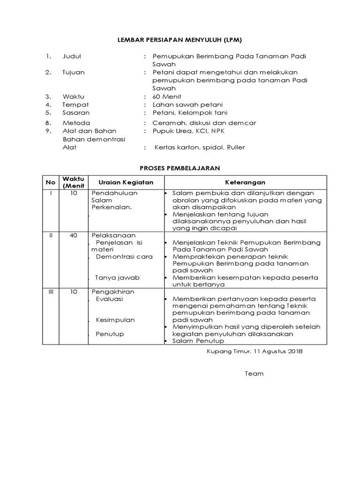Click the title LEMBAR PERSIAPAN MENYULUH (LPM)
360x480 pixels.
tap(180, 40)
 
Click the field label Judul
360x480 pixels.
tap(72, 56)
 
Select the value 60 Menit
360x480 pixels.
tap(167, 97)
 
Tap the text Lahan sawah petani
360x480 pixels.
tap(187, 105)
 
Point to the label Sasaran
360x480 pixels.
tap(76, 112)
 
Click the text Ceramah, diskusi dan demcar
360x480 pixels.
tap(204, 123)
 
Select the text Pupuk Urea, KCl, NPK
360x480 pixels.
tap(188, 131)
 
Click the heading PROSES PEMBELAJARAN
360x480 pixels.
tap(180, 167)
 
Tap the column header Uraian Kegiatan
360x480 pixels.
tap(125, 182)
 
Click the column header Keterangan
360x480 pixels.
tap(245, 182)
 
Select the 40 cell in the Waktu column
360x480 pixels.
tap(74, 235)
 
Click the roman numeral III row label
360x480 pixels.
tap(51, 292)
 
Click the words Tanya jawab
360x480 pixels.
tap(117, 277)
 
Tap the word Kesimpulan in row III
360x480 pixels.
tap(115, 320)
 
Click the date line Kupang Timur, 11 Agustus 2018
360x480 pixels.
tap(255, 351)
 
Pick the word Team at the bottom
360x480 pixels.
tap(254, 374)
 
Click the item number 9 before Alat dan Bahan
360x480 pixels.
tap(48, 131)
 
